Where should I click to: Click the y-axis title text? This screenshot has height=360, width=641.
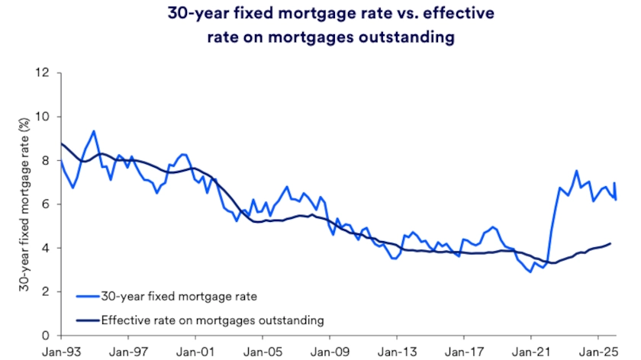point(24,205)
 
